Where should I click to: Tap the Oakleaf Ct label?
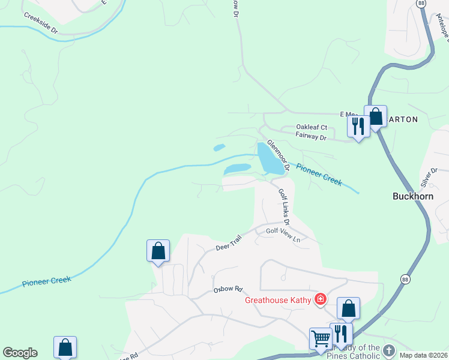click(x=312, y=127)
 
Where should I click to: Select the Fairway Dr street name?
click(x=310, y=137)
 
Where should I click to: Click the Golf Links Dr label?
click(x=284, y=204)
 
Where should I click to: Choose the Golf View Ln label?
click(x=283, y=235)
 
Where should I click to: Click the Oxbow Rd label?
click(x=227, y=289)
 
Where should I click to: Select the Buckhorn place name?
click(x=412, y=196)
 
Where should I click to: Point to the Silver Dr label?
click(x=429, y=177)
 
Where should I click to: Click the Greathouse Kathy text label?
click(x=279, y=299)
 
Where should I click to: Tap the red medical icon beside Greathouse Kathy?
click(x=321, y=299)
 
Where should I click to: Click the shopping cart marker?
click(x=320, y=338)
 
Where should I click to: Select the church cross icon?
click(x=388, y=349)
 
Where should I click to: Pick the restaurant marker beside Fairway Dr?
click(x=358, y=126)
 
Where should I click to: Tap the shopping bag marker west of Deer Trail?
click(x=158, y=250)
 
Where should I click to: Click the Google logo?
click(x=20, y=353)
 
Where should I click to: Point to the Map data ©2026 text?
click(x=424, y=355)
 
